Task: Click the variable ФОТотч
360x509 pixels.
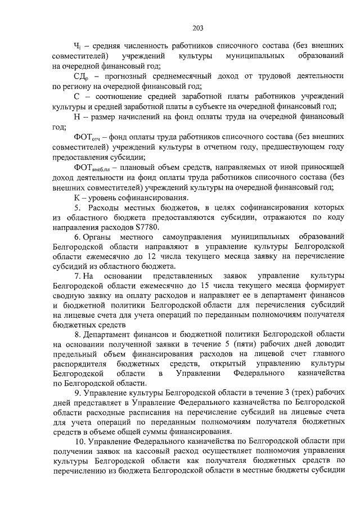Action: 86,137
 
